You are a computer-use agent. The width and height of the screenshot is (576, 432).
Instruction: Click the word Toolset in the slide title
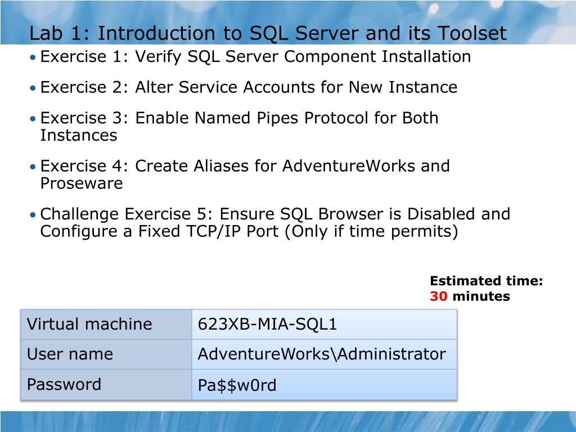(x=472, y=33)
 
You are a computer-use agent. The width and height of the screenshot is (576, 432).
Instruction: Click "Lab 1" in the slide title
(x=58, y=33)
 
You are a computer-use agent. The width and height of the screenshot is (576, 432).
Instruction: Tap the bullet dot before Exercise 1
(x=33, y=57)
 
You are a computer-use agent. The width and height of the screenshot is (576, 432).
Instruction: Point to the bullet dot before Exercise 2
(x=33, y=88)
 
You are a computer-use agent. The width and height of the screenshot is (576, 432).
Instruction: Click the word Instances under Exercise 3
(x=79, y=135)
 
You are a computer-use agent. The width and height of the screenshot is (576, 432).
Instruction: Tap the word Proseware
(x=82, y=183)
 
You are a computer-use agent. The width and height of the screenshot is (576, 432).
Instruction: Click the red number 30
(x=439, y=296)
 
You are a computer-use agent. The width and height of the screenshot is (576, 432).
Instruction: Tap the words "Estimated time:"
(x=487, y=281)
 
